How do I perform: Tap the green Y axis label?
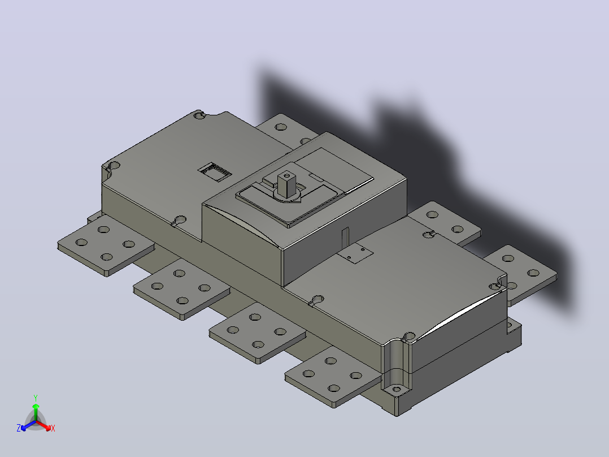[36, 398]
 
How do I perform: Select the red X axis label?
[53, 428]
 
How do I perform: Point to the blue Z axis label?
[19, 428]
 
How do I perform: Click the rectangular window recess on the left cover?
[215, 172]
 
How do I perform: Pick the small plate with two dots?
[355, 253]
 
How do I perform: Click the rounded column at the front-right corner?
[396, 364]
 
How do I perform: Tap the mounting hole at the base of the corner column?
[397, 389]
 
